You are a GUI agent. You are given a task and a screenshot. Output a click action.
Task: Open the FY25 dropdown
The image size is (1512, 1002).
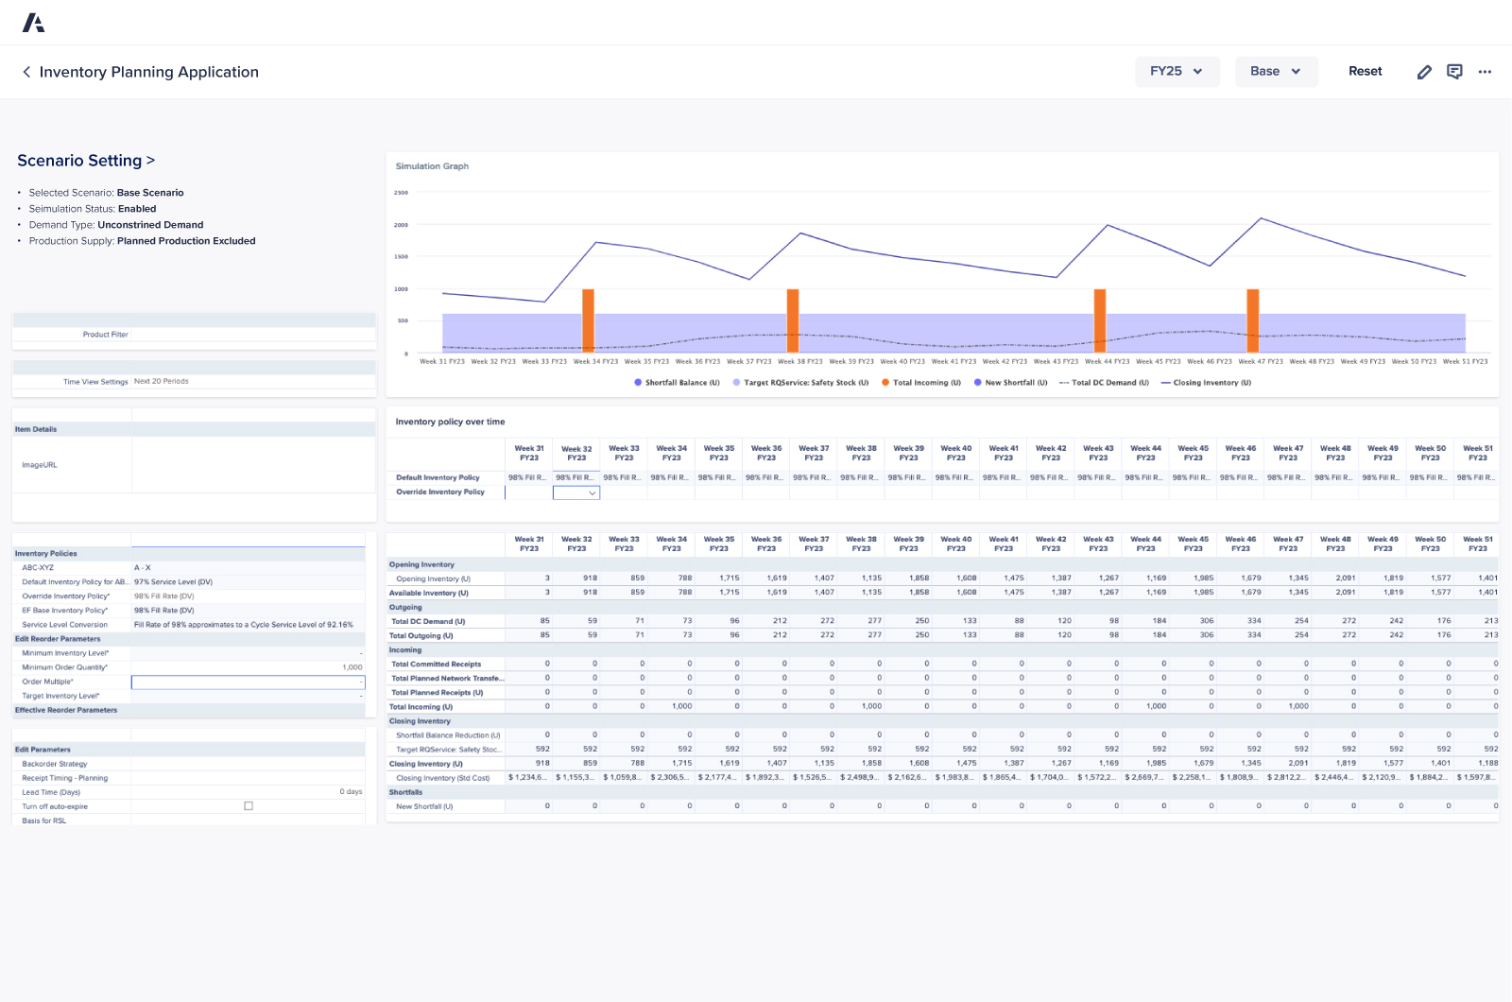1177,72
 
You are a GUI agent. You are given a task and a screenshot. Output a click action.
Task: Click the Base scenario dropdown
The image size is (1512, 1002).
1276,72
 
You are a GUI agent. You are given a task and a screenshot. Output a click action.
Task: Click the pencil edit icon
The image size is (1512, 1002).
1424,72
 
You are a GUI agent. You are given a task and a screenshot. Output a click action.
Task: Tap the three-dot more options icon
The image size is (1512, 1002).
1485,72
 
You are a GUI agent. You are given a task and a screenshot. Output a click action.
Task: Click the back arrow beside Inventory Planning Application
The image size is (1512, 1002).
26,72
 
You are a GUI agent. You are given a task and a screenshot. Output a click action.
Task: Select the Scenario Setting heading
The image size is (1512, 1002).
85,161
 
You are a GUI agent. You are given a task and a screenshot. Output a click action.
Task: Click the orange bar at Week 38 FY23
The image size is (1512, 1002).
793,321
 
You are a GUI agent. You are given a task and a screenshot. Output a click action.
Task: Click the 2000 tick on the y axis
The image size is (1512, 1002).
401,225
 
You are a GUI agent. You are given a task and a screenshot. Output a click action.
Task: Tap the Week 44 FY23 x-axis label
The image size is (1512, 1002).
1107,362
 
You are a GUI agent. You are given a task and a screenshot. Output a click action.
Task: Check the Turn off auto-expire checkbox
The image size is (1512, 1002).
249,806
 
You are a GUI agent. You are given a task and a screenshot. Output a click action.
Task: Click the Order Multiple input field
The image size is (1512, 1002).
248,682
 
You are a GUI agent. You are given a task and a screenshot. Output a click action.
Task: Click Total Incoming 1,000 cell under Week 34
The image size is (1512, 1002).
682,706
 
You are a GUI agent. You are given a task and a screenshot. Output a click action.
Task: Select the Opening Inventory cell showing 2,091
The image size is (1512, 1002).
1345,579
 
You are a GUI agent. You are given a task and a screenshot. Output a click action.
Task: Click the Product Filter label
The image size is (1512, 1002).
105,335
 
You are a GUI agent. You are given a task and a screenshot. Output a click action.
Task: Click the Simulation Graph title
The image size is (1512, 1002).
432,166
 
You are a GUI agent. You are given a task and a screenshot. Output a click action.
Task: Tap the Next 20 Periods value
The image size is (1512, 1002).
162,382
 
